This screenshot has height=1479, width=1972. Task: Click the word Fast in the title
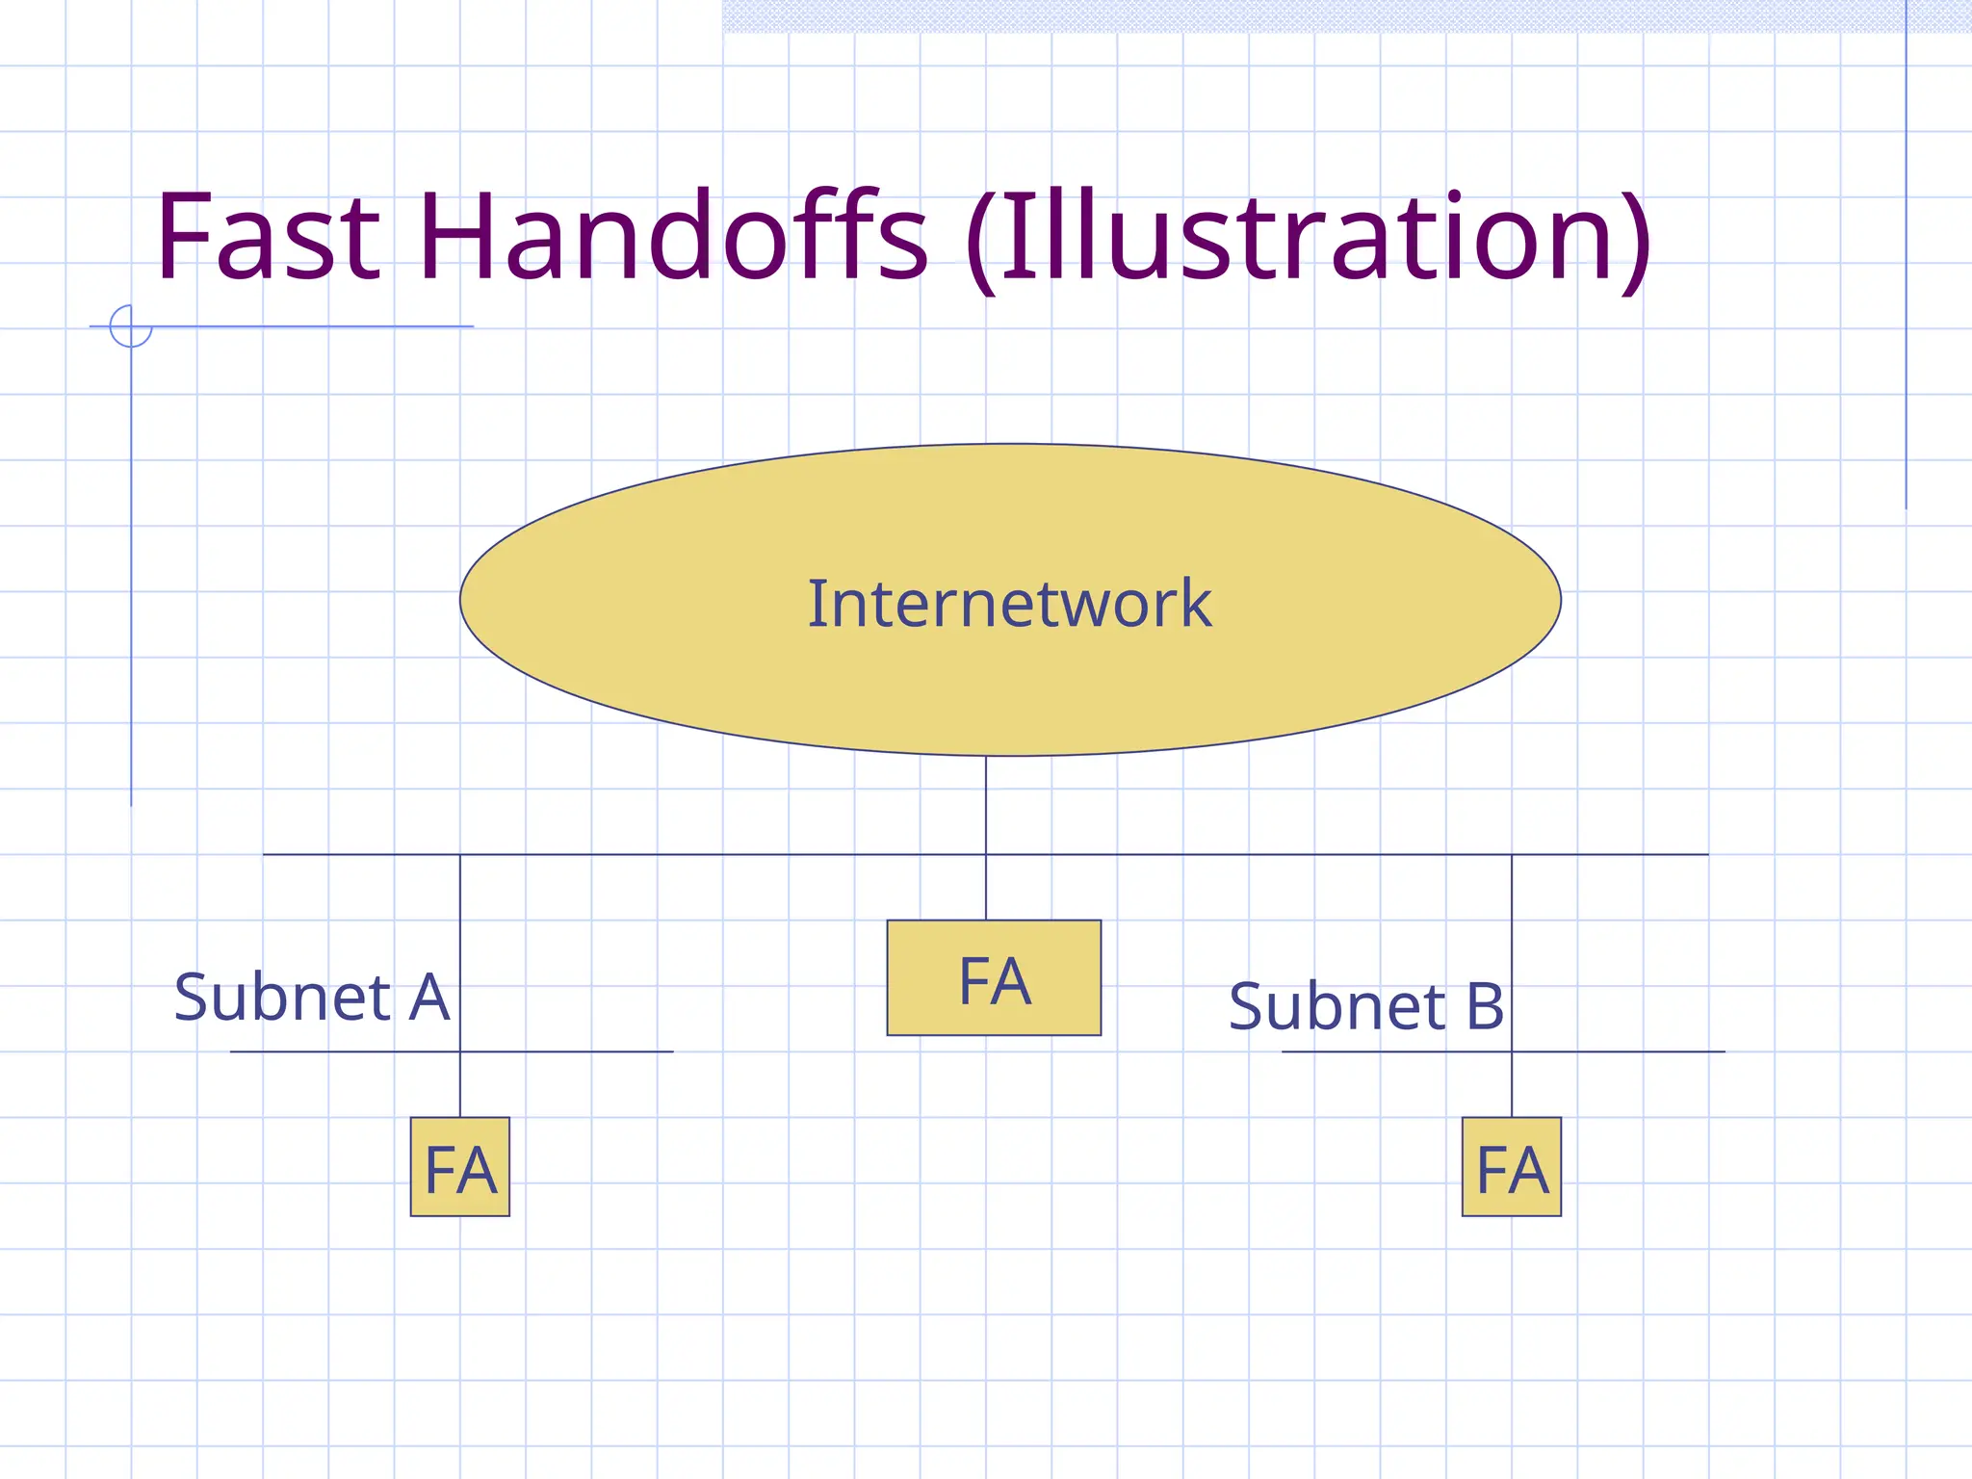268,237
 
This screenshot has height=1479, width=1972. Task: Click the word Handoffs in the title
672,237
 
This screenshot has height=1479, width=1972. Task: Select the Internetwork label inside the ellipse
1009,604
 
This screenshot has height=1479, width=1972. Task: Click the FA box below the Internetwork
994,978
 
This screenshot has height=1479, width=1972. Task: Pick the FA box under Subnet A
460,1167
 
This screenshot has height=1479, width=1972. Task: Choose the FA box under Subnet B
1512,1167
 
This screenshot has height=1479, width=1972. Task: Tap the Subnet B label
1365,1007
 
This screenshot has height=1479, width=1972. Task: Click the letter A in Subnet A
429,998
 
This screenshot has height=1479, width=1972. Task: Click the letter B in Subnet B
1484,1007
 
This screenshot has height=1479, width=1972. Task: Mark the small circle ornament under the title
130,325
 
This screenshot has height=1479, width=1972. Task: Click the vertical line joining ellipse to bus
986,805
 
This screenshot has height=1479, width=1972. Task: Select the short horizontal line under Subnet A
578,1051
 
